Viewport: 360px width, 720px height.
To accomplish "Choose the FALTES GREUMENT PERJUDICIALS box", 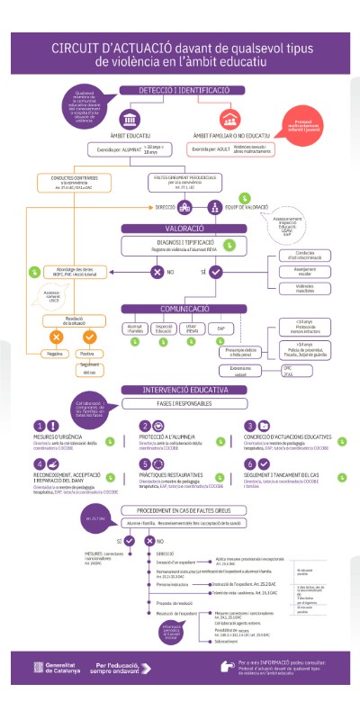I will click(185, 181).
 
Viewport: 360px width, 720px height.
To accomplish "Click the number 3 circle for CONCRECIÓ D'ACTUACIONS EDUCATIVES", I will click(251, 427).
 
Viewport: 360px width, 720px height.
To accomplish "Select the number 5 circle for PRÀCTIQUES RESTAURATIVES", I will click(146, 463).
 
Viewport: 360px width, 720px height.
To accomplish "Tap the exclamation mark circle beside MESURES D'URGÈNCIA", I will click(40, 427).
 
